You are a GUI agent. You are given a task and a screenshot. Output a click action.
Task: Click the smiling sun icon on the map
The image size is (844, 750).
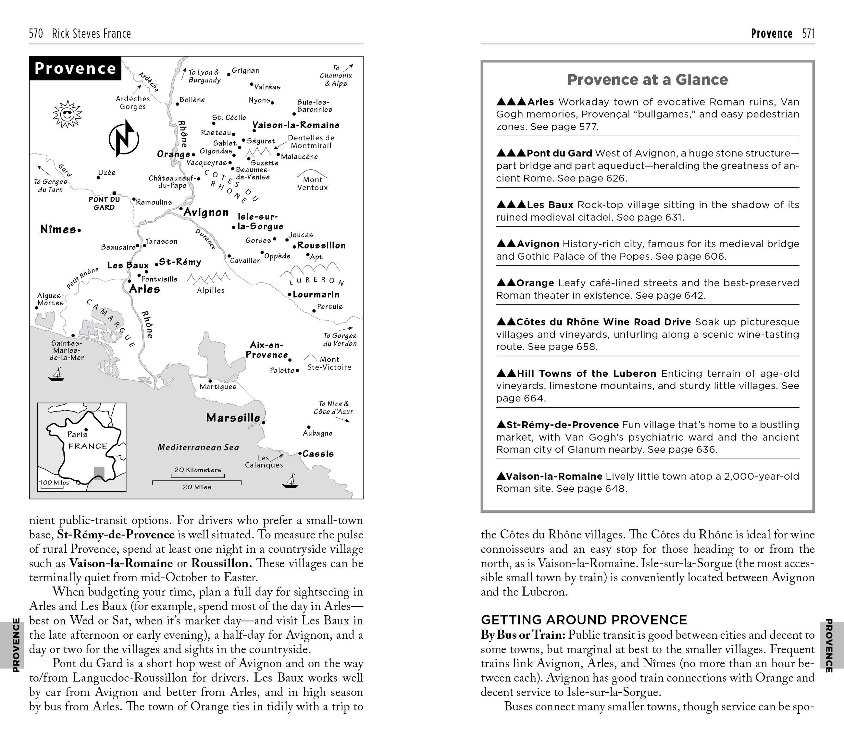click(67, 114)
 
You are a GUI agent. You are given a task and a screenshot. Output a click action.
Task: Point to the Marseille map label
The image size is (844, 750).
click(233, 418)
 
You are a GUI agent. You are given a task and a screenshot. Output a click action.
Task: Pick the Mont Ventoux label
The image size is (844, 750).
click(313, 183)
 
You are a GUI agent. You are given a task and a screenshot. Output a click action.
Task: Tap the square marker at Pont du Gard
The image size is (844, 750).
click(114, 193)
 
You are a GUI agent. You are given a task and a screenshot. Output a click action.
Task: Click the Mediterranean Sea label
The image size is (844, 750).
click(198, 448)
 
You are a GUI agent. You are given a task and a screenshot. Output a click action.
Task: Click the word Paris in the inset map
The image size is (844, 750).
click(77, 434)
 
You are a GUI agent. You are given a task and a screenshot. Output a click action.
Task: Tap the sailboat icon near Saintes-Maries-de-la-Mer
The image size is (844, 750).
click(56, 375)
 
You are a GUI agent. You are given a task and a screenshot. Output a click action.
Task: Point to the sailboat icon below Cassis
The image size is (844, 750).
click(290, 481)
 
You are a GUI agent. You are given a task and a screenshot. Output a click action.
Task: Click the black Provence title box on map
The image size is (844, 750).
click(75, 68)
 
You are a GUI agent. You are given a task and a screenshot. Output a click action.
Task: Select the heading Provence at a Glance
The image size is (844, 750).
click(648, 80)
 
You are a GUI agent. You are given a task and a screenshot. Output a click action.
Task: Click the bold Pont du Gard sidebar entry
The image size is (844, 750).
click(560, 153)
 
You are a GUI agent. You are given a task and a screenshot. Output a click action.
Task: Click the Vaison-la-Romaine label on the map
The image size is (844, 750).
click(296, 125)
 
